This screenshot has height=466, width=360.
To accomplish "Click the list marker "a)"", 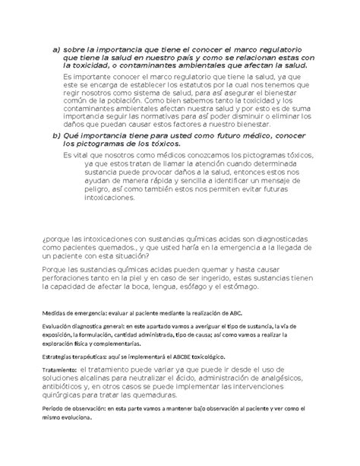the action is pyautogui.click(x=55, y=49).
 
